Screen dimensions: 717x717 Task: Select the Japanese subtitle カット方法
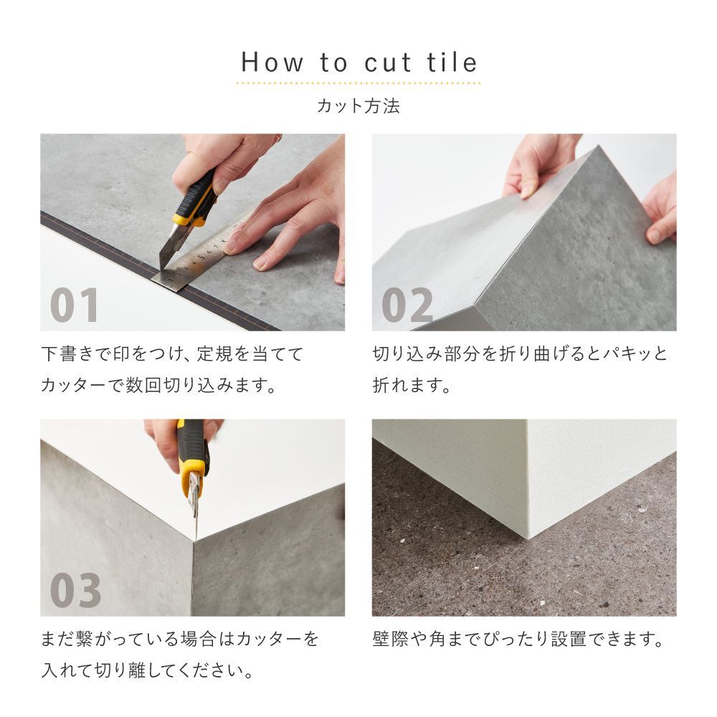[358, 106]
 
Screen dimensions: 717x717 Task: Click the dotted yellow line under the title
[358, 83]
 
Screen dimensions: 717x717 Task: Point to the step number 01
[75, 305]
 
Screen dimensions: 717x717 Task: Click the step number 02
[407, 305]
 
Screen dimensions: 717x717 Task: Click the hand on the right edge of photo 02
[661, 208]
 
